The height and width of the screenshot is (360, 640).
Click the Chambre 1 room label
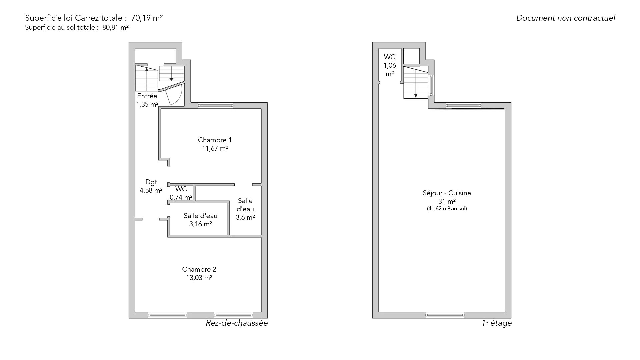215,140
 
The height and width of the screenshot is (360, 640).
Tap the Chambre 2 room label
199,269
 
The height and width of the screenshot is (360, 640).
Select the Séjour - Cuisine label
447,193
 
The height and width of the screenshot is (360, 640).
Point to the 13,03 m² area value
199,278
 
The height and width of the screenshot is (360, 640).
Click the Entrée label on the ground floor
147,96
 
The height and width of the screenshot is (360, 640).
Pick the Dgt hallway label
151,182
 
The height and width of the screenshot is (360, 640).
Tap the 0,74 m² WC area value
181,197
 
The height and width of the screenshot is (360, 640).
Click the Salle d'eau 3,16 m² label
200,220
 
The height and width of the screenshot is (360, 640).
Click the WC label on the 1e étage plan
390,57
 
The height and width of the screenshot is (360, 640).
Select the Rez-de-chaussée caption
237,323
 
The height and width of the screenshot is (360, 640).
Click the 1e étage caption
497,323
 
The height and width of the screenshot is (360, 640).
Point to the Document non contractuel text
566,18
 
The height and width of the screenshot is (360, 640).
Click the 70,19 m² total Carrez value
149,18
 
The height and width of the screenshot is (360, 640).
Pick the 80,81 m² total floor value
115,28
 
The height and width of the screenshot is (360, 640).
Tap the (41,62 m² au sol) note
447,209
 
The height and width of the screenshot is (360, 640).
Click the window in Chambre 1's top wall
216,106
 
